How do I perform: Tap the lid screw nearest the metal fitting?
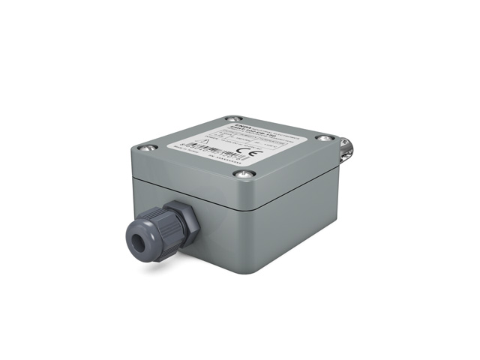324,138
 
